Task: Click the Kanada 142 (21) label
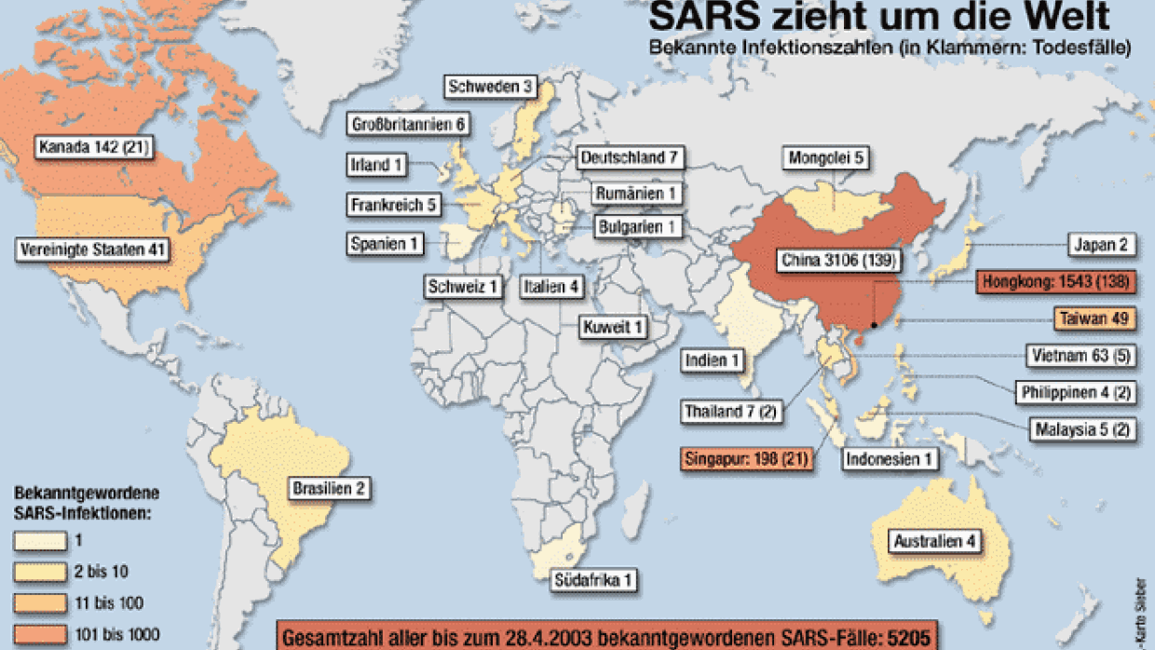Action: pyautogui.click(x=94, y=146)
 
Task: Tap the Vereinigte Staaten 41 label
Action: pyautogui.click(x=92, y=250)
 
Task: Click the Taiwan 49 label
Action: pyautogui.click(x=1094, y=318)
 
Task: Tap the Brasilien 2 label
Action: pyautogui.click(x=328, y=488)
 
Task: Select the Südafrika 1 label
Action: pyautogui.click(x=593, y=579)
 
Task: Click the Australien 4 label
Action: pyautogui.click(x=936, y=541)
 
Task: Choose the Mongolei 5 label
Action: pyautogui.click(x=826, y=158)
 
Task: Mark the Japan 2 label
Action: pyautogui.click(x=1102, y=246)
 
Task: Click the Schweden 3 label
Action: pyautogui.click(x=490, y=88)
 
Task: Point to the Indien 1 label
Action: pyautogui.click(x=713, y=360)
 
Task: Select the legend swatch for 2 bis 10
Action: pyautogui.click(x=40, y=572)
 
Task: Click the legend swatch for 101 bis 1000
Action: pyautogui.click(x=40, y=635)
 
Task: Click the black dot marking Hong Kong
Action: pyautogui.click(x=874, y=325)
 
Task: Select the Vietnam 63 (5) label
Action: pyautogui.click(x=1080, y=355)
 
